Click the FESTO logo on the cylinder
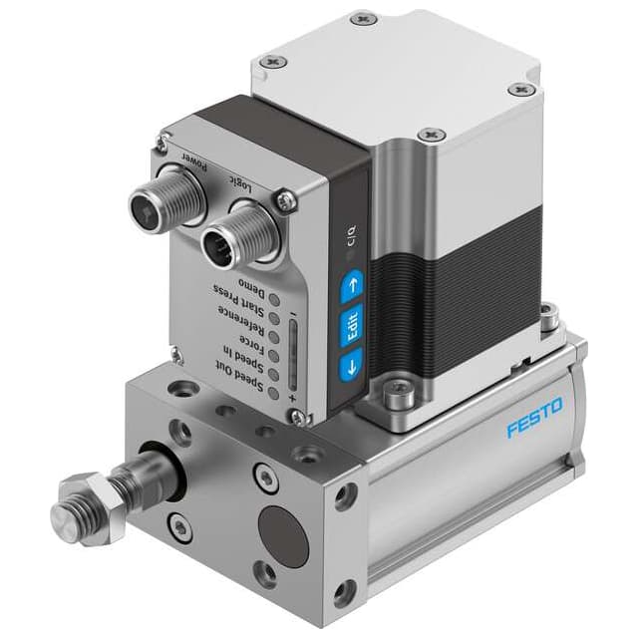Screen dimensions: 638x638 pos(533,418)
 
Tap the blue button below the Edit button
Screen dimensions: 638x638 pos(347,366)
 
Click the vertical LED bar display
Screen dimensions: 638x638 pos(295,354)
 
